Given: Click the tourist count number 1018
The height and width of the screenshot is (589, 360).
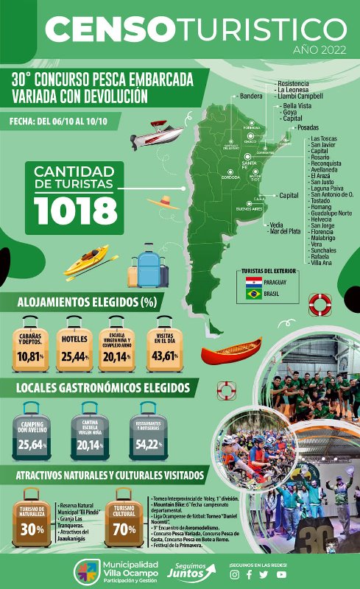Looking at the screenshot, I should click(x=76, y=210).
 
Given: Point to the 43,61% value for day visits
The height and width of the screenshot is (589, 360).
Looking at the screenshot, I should click(x=164, y=356).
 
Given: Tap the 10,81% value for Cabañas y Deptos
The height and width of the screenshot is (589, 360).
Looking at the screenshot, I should click(x=31, y=356).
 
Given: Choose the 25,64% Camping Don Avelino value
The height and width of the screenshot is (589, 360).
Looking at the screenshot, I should click(x=32, y=444).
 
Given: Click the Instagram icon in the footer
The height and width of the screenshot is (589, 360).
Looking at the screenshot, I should click(x=235, y=575).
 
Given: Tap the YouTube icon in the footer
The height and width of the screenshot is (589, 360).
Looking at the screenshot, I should click(x=281, y=575).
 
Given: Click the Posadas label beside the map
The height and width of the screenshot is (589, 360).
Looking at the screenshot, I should click(x=307, y=127).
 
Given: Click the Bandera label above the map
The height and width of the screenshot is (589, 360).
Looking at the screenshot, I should click(x=251, y=96).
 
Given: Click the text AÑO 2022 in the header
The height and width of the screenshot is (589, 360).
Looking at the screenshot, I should click(x=319, y=51).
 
